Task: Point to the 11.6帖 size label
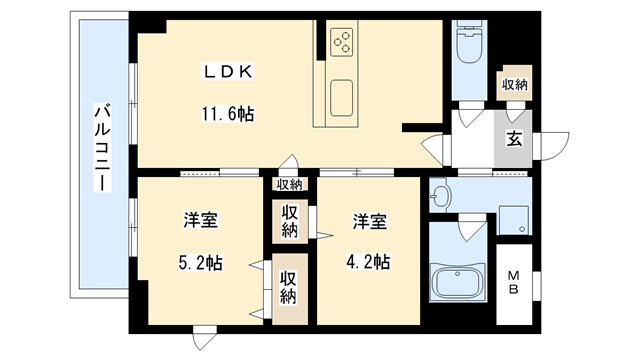pyautogui.click(x=229, y=113)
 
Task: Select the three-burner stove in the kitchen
pyautogui.click(x=341, y=41)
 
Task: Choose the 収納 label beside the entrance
pyautogui.click(x=514, y=84)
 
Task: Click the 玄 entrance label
pyautogui.click(x=513, y=139)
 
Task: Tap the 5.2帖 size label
pyautogui.click(x=200, y=263)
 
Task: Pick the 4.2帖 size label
pyautogui.click(x=368, y=262)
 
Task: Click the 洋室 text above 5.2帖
pyautogui.click(x=200, y=220)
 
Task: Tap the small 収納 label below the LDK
pyautogui.click(x=289, y=184)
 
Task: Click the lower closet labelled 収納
pyautogui.click(x=288, y=288)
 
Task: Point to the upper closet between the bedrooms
pyautogui.click(x=288, y=221)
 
